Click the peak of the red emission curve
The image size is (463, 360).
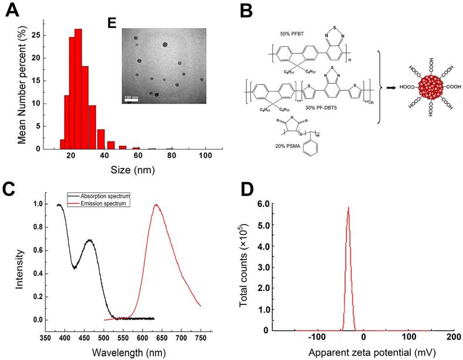[156, 205]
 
